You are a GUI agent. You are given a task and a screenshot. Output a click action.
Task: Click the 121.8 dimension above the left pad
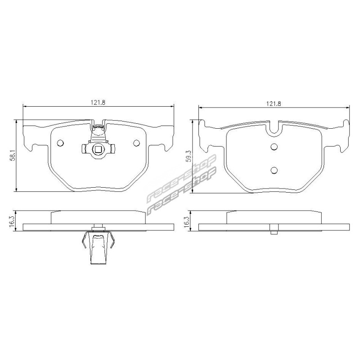click(98, 103)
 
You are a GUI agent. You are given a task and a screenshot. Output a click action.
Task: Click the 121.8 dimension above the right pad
click(274, 103)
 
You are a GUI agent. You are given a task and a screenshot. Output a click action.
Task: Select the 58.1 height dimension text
click(13, 155)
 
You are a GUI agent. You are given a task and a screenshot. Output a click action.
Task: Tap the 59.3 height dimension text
click(189, 156)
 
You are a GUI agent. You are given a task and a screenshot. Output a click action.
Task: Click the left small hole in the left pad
click(60, 143)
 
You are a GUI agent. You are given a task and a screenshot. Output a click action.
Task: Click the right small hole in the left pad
click(136, 143)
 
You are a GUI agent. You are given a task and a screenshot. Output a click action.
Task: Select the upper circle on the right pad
click(274, 147)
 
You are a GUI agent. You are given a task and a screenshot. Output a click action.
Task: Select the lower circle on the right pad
click(274, 170)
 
